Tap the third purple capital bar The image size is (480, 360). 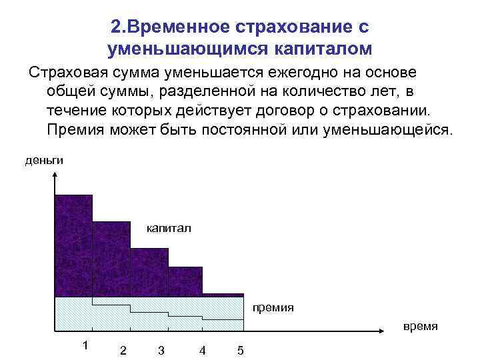click(148, 272)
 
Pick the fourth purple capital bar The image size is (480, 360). click(185, 281)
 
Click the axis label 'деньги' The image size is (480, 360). click(45, 160)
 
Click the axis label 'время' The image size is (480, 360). click(420, 326)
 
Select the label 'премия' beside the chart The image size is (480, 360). click(273, 308)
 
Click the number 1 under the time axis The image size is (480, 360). click(85, 345)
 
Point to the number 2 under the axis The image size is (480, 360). click(123, 351)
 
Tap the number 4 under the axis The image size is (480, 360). click(202, 351)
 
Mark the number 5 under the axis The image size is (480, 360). click(240, 351)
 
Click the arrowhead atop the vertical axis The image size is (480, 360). click(54, 175)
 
